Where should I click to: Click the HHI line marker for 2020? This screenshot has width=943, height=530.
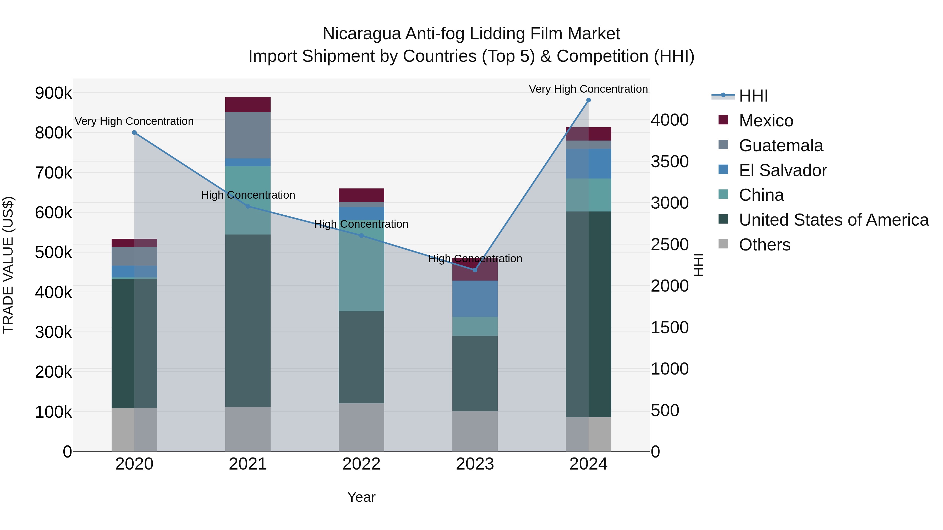[x=134, y=133]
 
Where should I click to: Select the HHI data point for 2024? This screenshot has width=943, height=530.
[x=588, y=100]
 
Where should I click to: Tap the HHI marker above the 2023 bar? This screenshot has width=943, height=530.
[x=475, y=270]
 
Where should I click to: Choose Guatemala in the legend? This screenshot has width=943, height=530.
[x=781, y=146]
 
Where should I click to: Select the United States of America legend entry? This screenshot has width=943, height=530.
[x=833, y=220]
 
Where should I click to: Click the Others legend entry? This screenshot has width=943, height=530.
[x=764, y=245]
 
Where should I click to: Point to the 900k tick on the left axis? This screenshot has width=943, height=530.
[x=53, y=93]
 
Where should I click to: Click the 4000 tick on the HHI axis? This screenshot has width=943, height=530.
[x=670, y=120]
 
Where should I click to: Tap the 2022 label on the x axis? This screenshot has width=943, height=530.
[x=361, y=464]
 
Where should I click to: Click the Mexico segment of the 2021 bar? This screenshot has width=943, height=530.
[x=248, y=105]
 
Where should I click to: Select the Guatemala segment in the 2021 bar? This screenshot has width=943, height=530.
[x=248, y=135]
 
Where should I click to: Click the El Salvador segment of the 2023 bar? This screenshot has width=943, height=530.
[x=475, y=298]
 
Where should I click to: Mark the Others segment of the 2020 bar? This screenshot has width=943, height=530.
[x=134, y=429]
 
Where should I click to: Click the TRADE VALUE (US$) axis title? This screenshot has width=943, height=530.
[x=8, y=265]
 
